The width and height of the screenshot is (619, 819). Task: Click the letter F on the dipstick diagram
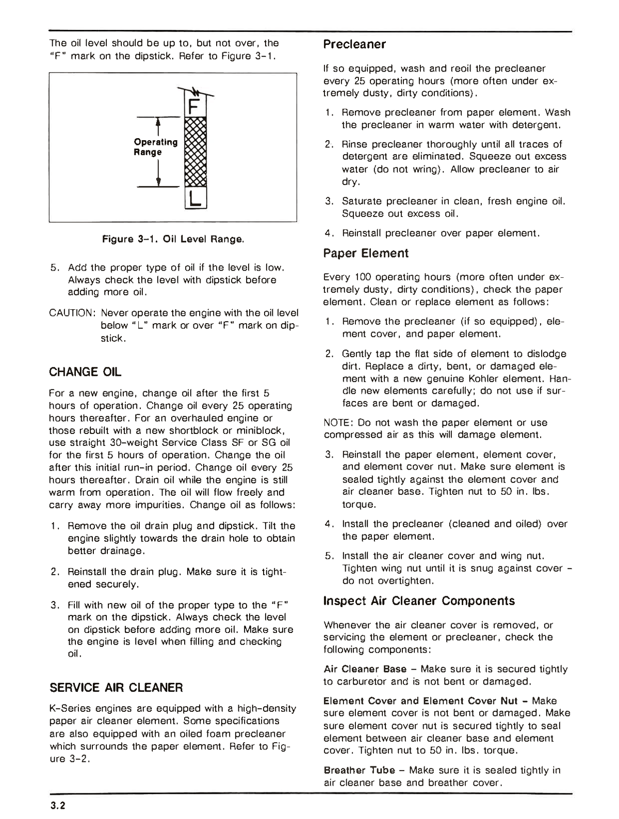194,107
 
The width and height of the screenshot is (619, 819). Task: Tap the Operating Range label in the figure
155,147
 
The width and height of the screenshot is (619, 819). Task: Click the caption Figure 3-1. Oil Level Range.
173,239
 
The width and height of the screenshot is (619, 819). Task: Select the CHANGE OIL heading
85,372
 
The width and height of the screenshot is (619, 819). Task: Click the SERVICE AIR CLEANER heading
116,687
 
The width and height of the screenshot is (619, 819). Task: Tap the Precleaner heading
354,44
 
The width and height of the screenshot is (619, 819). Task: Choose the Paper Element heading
365,253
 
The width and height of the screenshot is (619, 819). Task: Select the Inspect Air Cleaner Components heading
419,600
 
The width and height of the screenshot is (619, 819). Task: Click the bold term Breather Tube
359,770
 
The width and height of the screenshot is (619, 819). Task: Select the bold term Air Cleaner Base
365,669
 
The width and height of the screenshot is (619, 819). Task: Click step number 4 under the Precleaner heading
328,233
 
